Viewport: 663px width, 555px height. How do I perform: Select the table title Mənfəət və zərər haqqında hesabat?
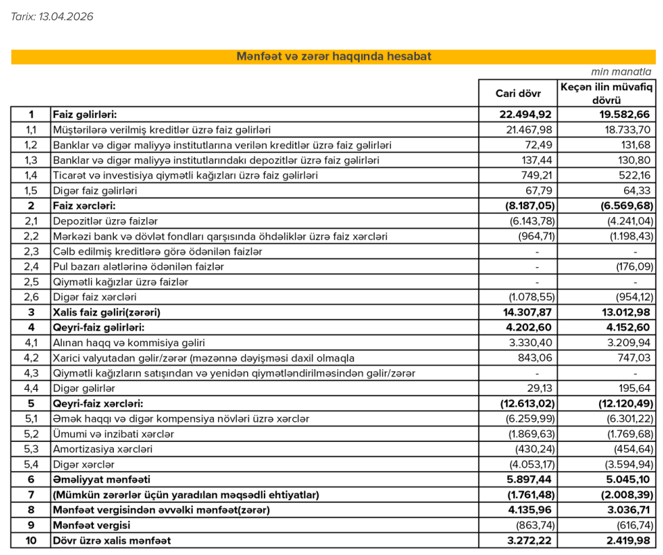coord(333,57)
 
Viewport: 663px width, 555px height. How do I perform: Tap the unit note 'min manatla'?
coord(622,71)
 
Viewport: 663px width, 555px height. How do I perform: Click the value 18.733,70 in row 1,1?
coord(627,130)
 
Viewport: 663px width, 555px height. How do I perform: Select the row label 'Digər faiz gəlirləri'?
coord(95,191)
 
